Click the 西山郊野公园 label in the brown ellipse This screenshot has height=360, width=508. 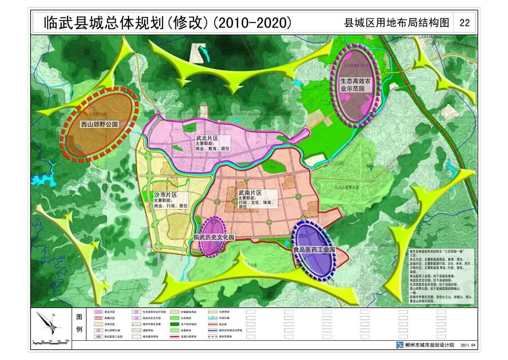100,124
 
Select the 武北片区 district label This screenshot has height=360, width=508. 207,138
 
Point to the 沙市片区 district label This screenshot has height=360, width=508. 166,195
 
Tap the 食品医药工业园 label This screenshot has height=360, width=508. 314,251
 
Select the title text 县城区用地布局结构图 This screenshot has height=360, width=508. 397,23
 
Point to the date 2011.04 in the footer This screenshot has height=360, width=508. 469,345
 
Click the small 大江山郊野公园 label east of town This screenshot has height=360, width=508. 347,188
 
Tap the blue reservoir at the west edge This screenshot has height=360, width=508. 38,179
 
